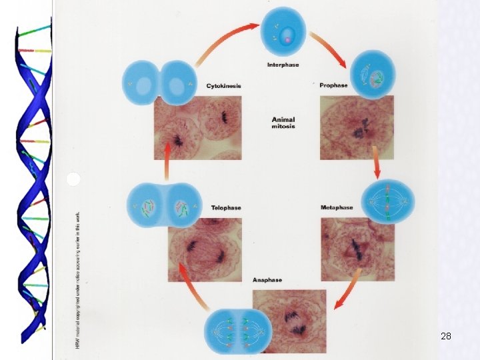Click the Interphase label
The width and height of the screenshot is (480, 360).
(283, 65)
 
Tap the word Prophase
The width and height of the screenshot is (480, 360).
(334, 86)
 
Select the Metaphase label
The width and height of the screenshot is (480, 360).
(337, 207)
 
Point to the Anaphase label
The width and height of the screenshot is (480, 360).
(267, 280)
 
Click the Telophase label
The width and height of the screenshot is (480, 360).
(226, 207)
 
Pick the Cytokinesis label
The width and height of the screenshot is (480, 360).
(224, 86)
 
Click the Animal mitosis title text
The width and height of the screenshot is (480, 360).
(283, 123)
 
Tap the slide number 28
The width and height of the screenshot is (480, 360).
(446, 337)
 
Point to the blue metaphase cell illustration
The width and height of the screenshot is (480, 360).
(387, 202)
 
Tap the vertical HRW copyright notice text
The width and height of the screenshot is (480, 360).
(77, 280)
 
